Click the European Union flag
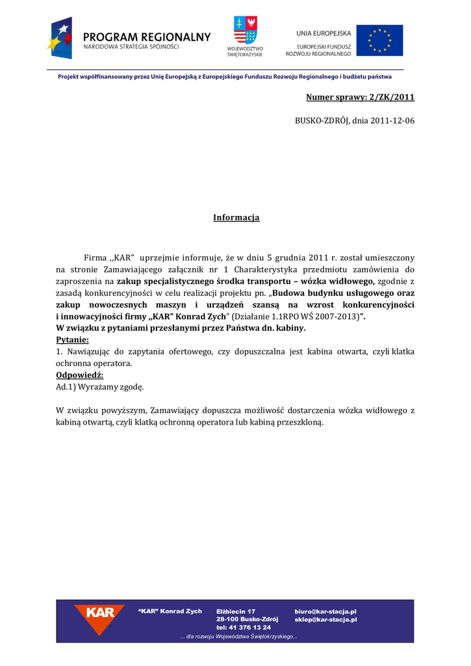379,40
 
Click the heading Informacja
236,217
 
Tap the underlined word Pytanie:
73,340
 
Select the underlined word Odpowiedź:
80,375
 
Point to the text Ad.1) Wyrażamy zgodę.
100,387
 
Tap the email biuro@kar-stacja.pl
325,611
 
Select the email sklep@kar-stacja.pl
325,620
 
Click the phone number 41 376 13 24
250,628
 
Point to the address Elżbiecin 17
236,611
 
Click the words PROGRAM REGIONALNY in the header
147,37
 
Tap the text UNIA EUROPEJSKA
324,33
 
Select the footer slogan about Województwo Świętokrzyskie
238,637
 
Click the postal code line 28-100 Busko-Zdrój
247,620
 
